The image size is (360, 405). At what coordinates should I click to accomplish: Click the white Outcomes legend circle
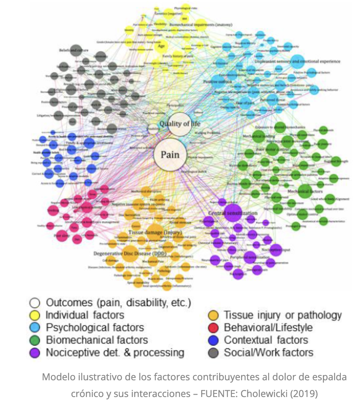point(36,303)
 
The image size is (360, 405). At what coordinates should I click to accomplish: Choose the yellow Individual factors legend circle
point(36,315)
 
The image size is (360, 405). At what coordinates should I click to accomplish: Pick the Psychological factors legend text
point(95,328)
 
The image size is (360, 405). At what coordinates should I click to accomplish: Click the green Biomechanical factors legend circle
point(36,340)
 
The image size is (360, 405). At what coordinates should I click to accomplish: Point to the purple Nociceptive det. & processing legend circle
point(36,352)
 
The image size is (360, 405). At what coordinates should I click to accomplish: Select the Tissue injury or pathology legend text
point(283,315)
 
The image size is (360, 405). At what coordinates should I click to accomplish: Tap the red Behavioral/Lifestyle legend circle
point(214,328)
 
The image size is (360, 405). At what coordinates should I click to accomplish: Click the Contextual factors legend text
point(266,340)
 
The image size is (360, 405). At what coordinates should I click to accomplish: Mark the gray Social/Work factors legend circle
point(214,352)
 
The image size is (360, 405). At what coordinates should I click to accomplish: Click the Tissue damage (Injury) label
point(155,232)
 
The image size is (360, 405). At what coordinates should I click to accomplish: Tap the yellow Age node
point(161,46)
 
